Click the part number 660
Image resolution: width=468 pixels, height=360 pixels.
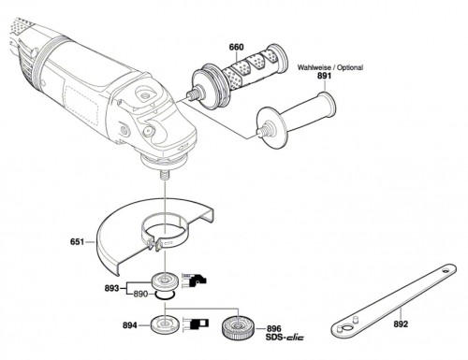click(236, 48)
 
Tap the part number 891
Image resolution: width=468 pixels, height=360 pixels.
click(325, 76)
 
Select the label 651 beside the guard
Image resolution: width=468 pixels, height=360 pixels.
click(77, 242)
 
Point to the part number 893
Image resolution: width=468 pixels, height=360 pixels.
click(111, 288)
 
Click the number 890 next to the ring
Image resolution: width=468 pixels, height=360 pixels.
click(140, 294)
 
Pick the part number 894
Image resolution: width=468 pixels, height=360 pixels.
click(129, 325)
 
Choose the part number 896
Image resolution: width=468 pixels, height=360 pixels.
click(273, 329)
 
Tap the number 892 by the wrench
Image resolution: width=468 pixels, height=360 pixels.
click(401, 324)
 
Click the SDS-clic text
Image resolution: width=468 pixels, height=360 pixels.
click(285, 338)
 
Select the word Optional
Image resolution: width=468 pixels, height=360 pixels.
click(350, 67)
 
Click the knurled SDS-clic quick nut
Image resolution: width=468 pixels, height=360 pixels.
click(238, 330)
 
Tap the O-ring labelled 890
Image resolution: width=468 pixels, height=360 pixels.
click(165, 295)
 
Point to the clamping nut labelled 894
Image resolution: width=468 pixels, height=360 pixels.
click(164, 324)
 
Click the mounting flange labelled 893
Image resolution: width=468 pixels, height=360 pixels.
click(165, 281)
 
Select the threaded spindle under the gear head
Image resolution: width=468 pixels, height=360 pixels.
click(164, 175)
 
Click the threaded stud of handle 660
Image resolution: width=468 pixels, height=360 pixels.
click(192, 94)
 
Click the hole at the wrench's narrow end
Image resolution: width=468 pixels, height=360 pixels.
click(446, 270)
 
